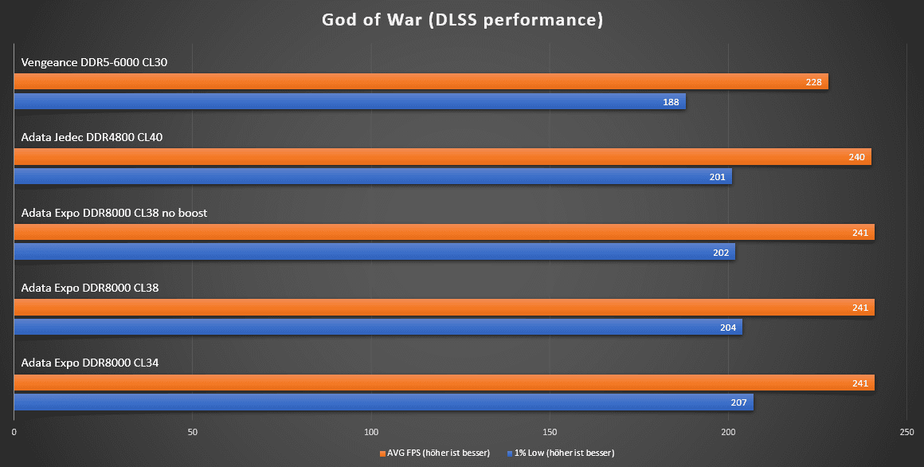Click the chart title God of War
point(462,20)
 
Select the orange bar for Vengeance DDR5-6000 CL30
point(421,81)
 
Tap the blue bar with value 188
point(349,101)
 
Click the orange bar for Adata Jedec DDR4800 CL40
point(442,157)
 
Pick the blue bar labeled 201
point(372,177)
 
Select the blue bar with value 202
point(374,252)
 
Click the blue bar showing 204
point(378,327)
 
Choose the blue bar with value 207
point(383,402)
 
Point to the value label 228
point(813,82)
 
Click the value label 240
point(856,158)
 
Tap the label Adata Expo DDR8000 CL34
point(90,363)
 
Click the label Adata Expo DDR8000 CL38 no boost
point(114,213)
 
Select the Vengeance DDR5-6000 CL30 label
point(94,62)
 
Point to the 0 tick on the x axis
point(14,432)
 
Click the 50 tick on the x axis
point(193,432)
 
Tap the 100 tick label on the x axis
point(371,432)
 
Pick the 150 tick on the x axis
point(550,432)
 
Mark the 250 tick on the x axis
point(906,432)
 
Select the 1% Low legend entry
point(561,453)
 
